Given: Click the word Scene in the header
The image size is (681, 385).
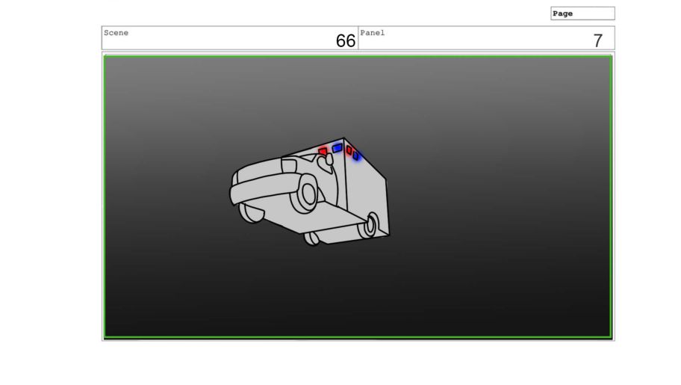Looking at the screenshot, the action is [116, 33].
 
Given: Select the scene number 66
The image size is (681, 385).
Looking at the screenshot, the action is [346, 41].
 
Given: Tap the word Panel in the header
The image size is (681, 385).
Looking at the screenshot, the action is [372, 33].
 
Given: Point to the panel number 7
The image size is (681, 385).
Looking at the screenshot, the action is [598, 41].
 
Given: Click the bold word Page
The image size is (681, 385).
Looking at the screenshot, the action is [562, 13].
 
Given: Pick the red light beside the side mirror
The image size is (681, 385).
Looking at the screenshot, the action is [323, 152].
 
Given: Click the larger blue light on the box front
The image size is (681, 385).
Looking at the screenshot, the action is [337, 148].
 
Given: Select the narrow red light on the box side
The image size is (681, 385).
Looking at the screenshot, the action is [349, 150].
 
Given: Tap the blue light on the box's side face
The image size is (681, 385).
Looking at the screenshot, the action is [355, 155].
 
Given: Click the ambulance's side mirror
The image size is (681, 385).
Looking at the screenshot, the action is [326, 160].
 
